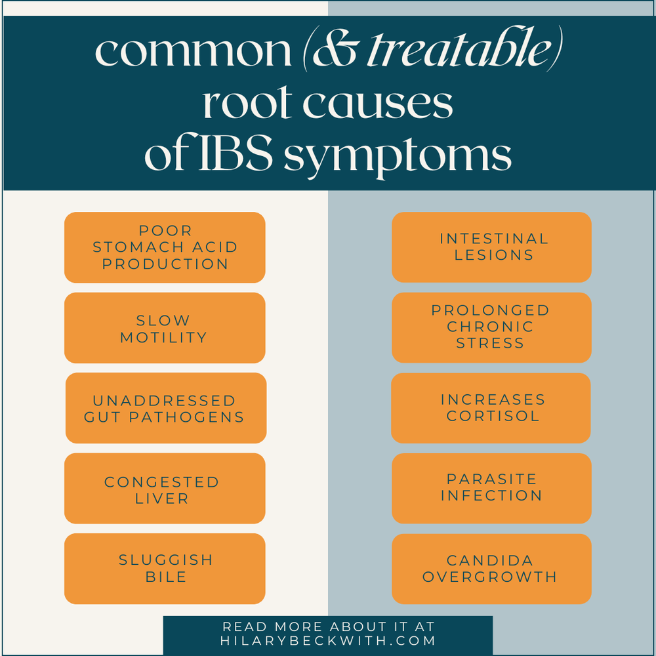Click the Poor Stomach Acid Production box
click(165, 247)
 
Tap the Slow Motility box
click(165, 328)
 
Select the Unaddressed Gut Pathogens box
click(165, 408)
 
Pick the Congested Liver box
click(165, 489)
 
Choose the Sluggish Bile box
click(165, 568)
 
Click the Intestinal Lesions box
click(492, 247)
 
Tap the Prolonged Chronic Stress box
click(491, 327)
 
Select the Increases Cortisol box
click(491, 407)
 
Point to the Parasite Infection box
click(491, 488)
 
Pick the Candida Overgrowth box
click(491, 568)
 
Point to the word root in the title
click(242, 105)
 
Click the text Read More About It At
click(328, 626)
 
